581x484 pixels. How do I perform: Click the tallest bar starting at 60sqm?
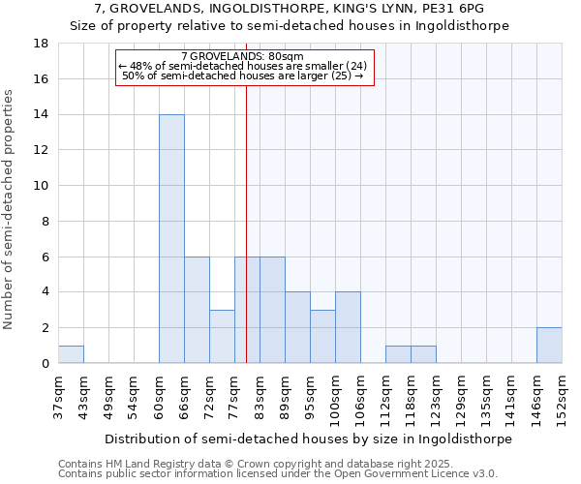[x=171, y=239]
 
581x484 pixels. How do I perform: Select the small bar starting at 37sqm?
[x=71, y=354]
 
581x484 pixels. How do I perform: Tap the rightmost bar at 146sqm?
[x=549, y=346]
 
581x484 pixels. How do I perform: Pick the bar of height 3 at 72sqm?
[x=222, y=337]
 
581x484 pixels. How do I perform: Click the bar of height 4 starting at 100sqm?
[x=348, y=328]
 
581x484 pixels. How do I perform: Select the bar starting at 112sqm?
[x=398, y=354]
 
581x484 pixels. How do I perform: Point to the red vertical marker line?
[x=247, y=194]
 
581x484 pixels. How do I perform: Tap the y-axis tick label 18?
[x=41, y=44]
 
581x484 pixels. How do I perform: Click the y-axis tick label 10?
[x=41, y=186]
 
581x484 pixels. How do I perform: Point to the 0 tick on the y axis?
[x=45, y=364]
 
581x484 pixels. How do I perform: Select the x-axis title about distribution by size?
[x=307, y=439]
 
